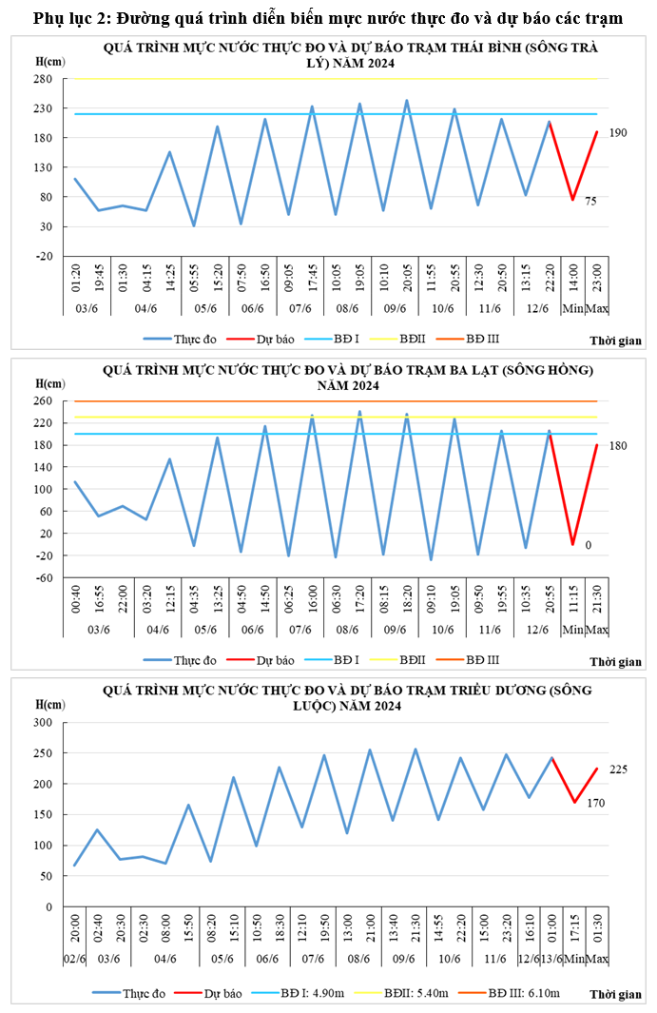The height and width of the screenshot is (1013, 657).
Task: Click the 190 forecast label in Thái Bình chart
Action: point(618,133)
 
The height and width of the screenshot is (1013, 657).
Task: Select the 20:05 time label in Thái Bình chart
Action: point(407,279)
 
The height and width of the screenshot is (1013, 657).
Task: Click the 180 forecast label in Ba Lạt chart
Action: point(618,445)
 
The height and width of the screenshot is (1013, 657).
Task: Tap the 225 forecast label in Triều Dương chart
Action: point(618,769)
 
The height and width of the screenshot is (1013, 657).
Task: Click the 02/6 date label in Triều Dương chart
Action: point(75,958)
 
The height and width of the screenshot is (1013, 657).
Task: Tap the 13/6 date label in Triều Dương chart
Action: point(551,958)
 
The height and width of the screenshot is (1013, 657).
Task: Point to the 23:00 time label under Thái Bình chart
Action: point(597,279)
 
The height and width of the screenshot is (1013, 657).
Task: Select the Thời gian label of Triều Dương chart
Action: point(615,995)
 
